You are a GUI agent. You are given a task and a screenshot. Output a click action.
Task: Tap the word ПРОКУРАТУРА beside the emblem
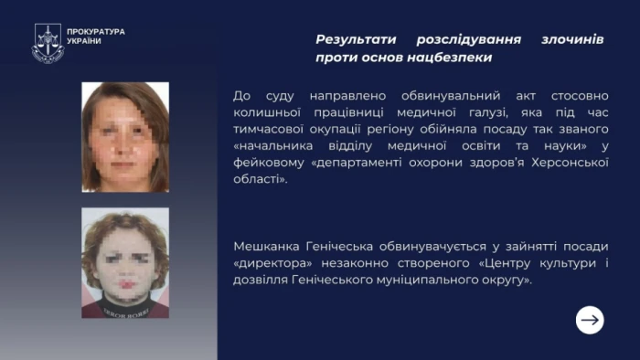pos(96,32)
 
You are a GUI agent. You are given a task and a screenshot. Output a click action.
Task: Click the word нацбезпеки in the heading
pos(451,58)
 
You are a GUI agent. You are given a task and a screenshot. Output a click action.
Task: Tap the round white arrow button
pos(590,319)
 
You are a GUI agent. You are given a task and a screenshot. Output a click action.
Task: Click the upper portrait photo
pos(125,137)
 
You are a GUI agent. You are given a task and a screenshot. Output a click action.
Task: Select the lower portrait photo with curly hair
pos(125,263)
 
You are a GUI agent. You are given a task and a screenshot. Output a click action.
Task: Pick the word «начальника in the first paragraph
pos(274,146)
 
